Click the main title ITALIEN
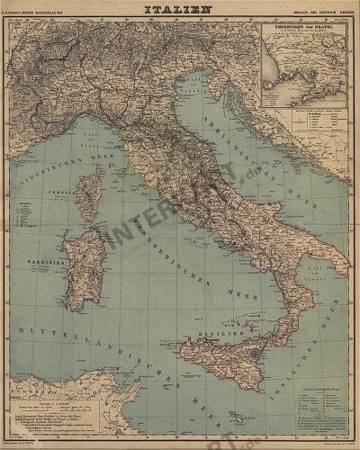click(179, 11)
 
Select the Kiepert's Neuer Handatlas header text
click(47, 12)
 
